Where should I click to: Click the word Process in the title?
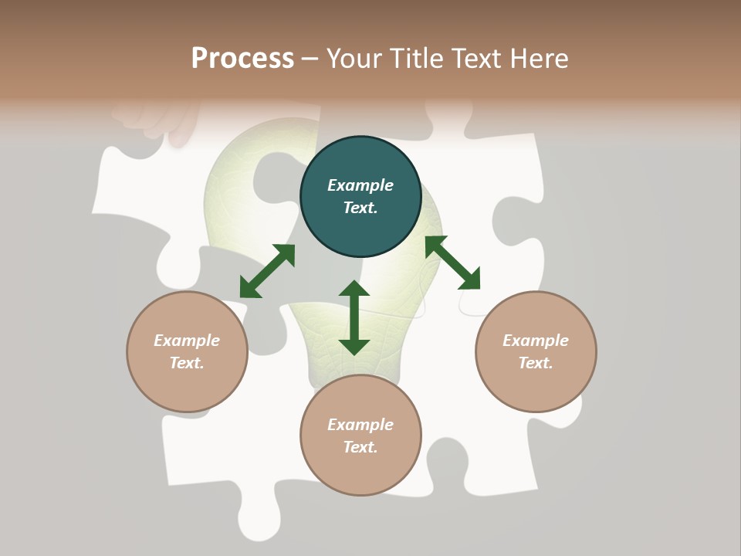click(242, 58)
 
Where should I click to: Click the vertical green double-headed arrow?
click(354, 317)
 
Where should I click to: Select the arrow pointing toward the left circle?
click(267, 271)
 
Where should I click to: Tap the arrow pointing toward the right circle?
click(452, 263)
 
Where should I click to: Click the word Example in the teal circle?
click(360, 185)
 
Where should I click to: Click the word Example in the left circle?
click(187, 341)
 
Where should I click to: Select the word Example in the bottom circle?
click(360, 425)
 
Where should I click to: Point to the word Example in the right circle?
click(536, 341)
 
